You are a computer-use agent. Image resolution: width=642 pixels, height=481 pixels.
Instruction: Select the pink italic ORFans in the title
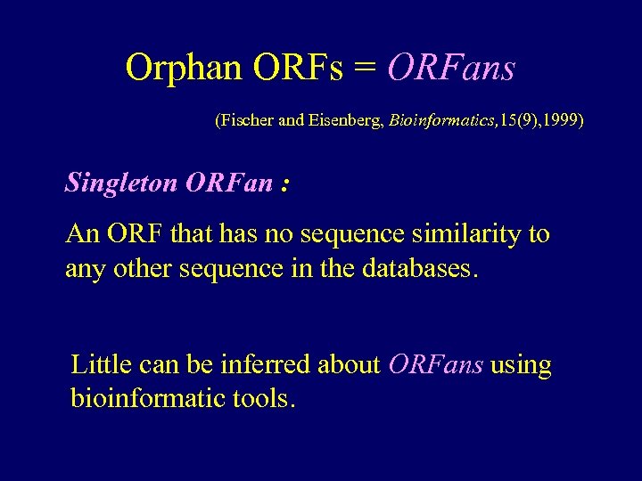coord(451,68)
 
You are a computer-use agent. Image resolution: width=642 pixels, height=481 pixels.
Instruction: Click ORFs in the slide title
coord(299,68)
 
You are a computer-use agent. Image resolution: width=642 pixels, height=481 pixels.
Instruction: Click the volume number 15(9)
coord(514,118)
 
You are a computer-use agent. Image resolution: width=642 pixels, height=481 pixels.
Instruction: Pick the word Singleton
coord(121,183)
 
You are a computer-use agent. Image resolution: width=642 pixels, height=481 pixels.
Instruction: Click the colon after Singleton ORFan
coord(284,183)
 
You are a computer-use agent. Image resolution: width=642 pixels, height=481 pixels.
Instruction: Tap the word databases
coord(420,268)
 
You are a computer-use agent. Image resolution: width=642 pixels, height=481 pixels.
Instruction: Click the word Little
coord(100,364)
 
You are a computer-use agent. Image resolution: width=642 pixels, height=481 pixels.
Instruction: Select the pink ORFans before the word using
coord(436,364)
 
